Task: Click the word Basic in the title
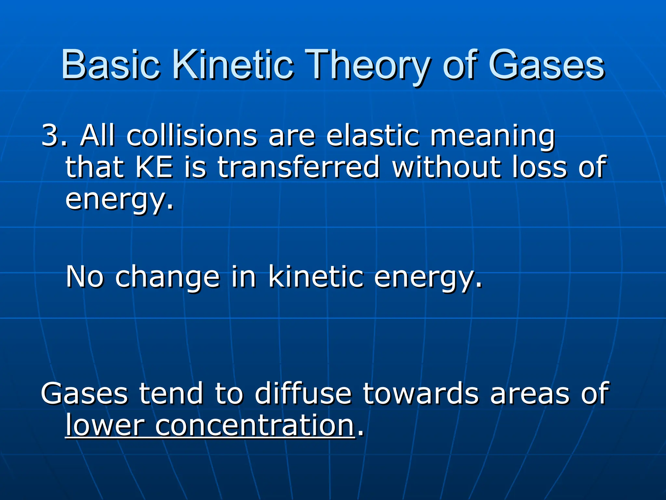(x=111, y=65)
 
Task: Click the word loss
(x=540, y=167)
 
